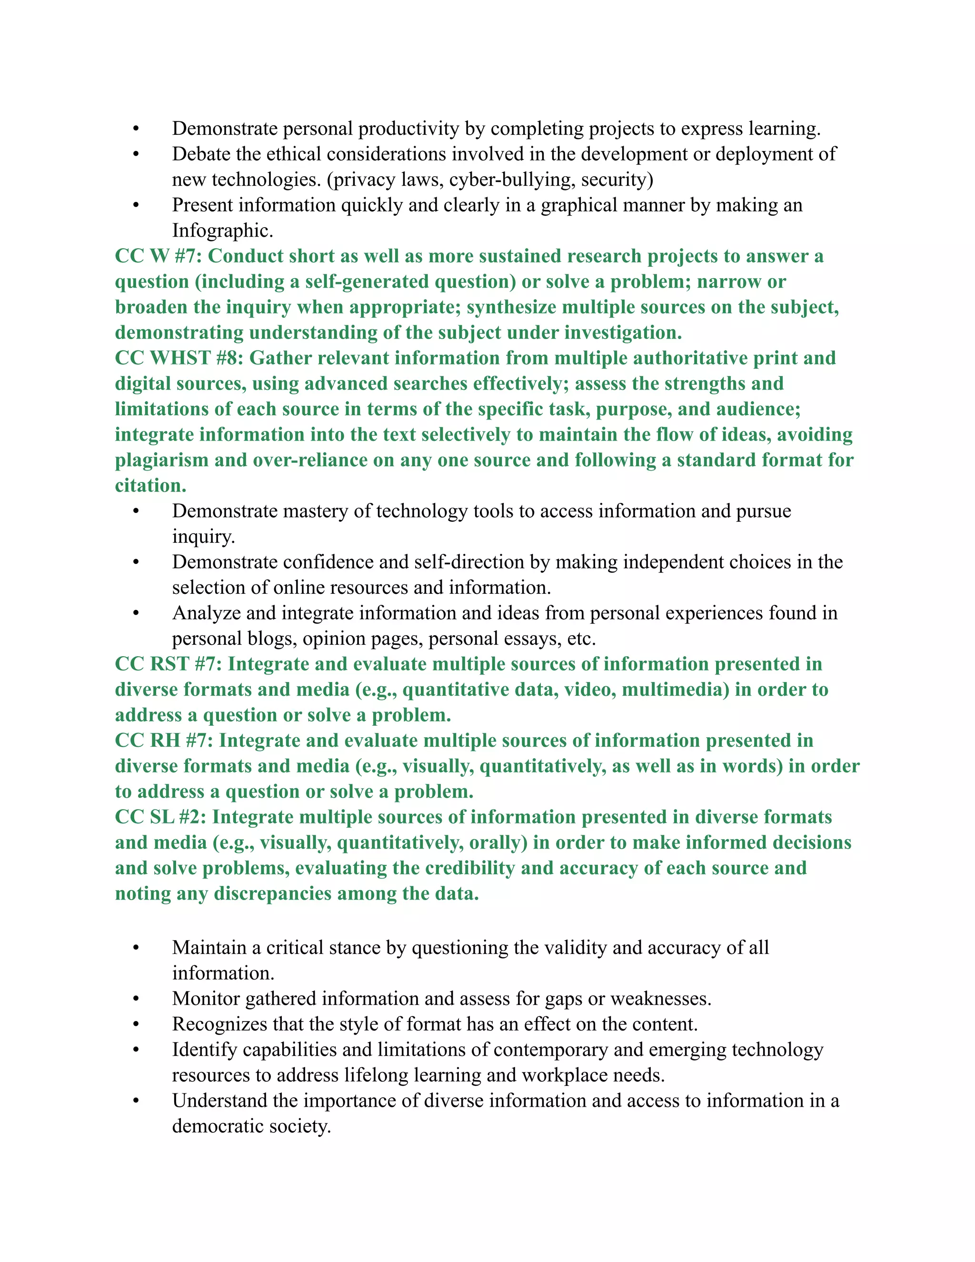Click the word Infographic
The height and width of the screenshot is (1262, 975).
[222, 231]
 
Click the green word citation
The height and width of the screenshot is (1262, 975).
[149, 486]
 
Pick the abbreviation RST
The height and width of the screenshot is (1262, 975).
[169, 664]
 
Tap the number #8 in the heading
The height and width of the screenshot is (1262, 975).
[229, 358]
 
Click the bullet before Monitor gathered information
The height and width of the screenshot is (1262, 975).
[136, 999]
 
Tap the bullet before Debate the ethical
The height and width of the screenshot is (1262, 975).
[136, 154]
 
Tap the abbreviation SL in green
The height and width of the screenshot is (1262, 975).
[162, 817]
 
